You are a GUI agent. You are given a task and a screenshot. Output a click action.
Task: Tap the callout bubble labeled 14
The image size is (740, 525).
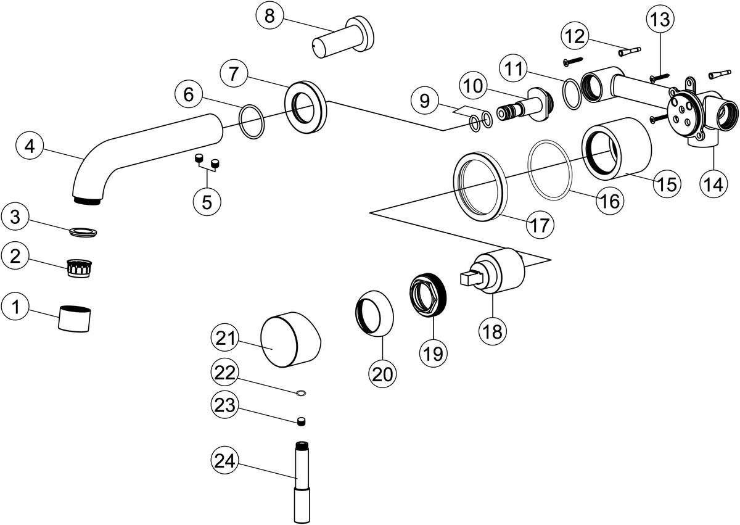(714, 184)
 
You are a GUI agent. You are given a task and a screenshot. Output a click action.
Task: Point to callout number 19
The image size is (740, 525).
(433, 353)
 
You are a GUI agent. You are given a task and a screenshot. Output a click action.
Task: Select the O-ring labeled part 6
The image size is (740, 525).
(250, 122)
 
